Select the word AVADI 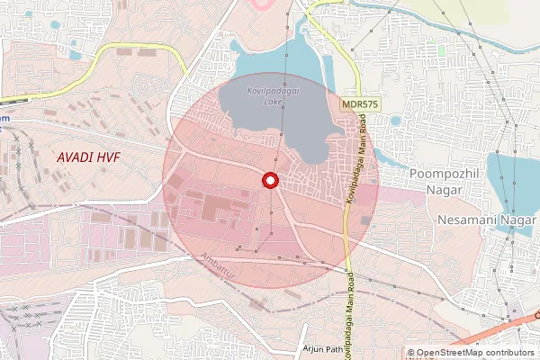point(74,157)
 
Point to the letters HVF point(108,157)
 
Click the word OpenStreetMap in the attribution point(451,353)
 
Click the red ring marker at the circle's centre point(268,180)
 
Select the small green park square point(442,51)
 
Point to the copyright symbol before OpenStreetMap point(411,353)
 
